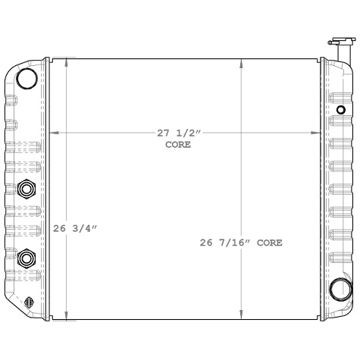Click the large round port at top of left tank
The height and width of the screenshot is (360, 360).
(27, 78)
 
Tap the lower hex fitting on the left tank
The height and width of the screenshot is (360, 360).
(27, 258)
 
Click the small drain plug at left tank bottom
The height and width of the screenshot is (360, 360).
(29, 301)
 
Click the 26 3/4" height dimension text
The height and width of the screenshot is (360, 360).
(75, 227)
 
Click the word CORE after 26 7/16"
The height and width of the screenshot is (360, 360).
(269, 243)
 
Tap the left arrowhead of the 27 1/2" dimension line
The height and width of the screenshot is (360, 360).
(53, 133)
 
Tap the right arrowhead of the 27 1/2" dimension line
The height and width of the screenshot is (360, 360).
(317, 133)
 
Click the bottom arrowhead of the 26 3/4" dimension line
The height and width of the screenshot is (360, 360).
(66, 316)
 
